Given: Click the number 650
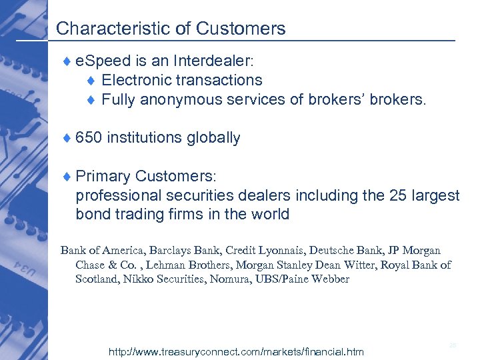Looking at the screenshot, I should tap(89, 138).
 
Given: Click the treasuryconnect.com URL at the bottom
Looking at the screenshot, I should tap(236, 351).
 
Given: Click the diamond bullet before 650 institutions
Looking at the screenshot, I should tap(67, 139).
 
